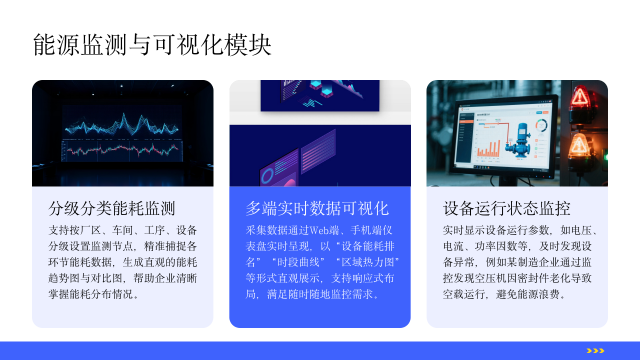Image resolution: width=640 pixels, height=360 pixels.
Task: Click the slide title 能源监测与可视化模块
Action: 151,44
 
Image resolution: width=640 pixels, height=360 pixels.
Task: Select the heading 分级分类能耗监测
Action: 112,209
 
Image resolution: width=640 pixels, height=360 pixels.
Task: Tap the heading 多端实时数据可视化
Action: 317,209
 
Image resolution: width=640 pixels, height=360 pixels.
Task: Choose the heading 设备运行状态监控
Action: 507,209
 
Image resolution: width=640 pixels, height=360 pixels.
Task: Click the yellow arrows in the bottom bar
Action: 595,350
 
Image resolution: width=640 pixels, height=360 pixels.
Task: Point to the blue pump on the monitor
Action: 521,141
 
